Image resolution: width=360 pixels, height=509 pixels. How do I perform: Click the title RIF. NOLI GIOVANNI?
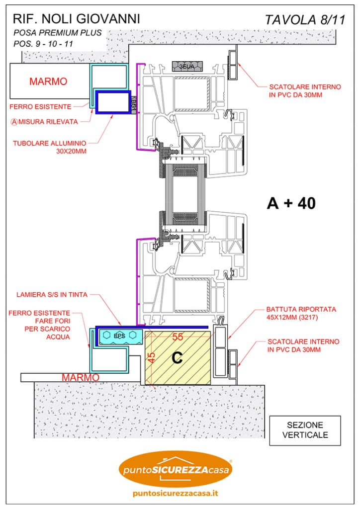[76, 19]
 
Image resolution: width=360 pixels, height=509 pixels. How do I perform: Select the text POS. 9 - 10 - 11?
[44, 44]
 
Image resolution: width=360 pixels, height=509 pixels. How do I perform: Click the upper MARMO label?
[48, 81]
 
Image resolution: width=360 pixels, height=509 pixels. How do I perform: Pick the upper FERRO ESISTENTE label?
[42, 106]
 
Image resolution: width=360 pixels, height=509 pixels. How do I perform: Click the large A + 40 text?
[291, 203]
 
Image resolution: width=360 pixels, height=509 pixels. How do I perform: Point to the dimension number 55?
[178, 337]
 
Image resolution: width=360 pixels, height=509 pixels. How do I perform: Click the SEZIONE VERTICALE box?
[305, 429]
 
